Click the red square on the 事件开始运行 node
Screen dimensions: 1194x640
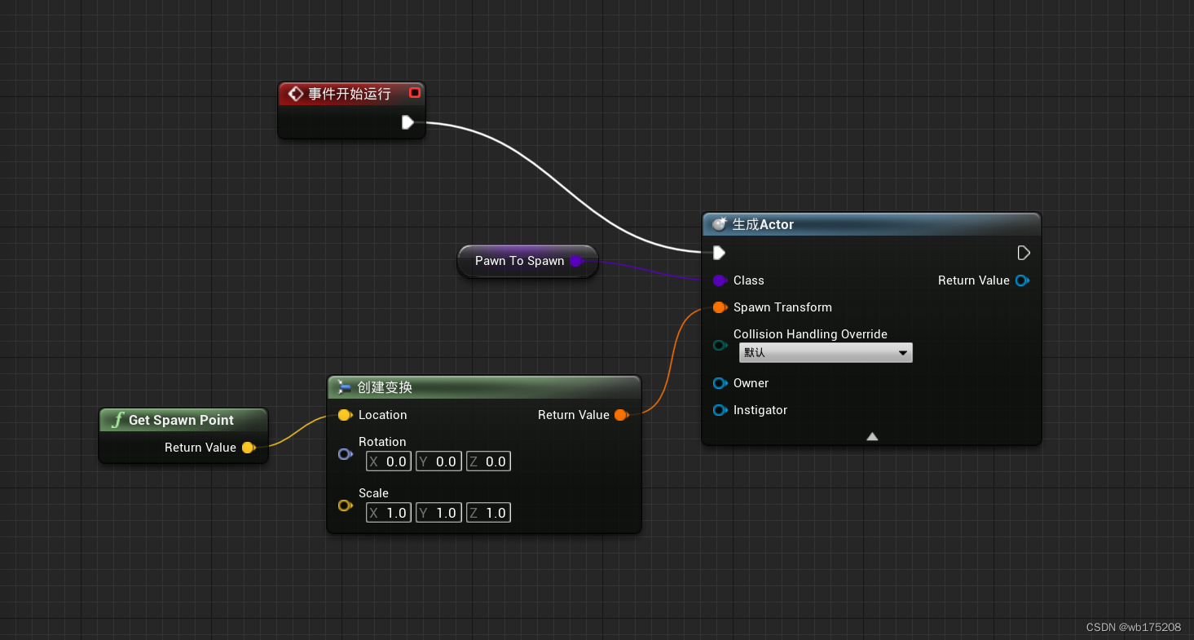415,93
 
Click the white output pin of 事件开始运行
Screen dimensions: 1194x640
408,122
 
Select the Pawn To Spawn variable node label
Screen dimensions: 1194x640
519,261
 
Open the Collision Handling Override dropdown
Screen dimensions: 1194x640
826,353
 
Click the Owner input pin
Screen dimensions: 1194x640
720,383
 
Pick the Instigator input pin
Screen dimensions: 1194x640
720,410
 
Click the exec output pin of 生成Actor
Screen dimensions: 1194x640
1024,253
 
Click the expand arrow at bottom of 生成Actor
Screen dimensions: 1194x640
872,436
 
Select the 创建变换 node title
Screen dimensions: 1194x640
385,387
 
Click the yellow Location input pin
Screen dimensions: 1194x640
345,415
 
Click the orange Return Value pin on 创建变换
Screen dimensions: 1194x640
621,415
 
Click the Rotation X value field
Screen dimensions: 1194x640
389,461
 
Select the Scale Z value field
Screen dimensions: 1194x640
488,513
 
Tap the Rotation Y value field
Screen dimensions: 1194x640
438,461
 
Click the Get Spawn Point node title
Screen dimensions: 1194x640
181,420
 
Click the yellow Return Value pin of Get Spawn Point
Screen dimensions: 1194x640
248,448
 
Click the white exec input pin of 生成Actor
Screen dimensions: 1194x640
719,253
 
